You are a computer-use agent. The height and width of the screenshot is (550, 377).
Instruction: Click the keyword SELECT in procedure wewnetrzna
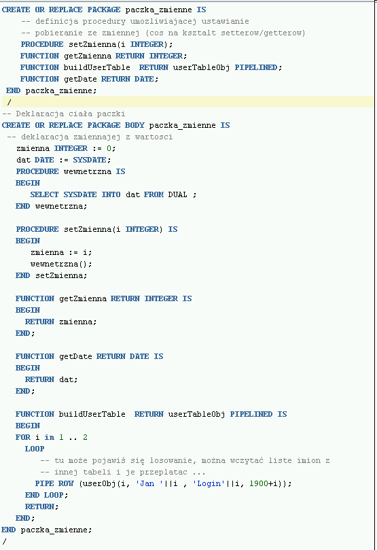coord(44,194)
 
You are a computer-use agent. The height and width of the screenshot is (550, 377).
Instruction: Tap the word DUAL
coord(178,194)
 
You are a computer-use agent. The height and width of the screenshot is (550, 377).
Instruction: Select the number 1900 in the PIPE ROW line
coord(259,483)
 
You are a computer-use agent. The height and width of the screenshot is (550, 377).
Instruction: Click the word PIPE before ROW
coord(44,483)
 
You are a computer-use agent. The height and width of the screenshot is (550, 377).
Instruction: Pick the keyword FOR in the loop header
coord(23,437)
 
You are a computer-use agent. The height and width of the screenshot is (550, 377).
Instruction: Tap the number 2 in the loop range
coord(85,437)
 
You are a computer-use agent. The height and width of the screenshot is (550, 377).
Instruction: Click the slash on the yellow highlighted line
coord(9,103)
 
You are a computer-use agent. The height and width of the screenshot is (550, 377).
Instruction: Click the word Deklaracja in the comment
coord(39,114)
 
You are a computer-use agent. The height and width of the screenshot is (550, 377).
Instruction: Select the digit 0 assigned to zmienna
coord(109,148)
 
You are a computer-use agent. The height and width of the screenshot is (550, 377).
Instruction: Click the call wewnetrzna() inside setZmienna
coord(61,264)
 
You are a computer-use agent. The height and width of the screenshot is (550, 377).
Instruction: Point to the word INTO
coord(111,194)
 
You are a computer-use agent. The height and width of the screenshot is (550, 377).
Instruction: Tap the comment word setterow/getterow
coord(263,33)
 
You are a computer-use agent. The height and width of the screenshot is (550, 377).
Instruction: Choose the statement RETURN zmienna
coord(60,322)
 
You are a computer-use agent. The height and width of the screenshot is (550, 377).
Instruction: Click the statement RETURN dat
coord(51,379)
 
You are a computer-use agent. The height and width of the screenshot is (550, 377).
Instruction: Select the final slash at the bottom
coord(4,542)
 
